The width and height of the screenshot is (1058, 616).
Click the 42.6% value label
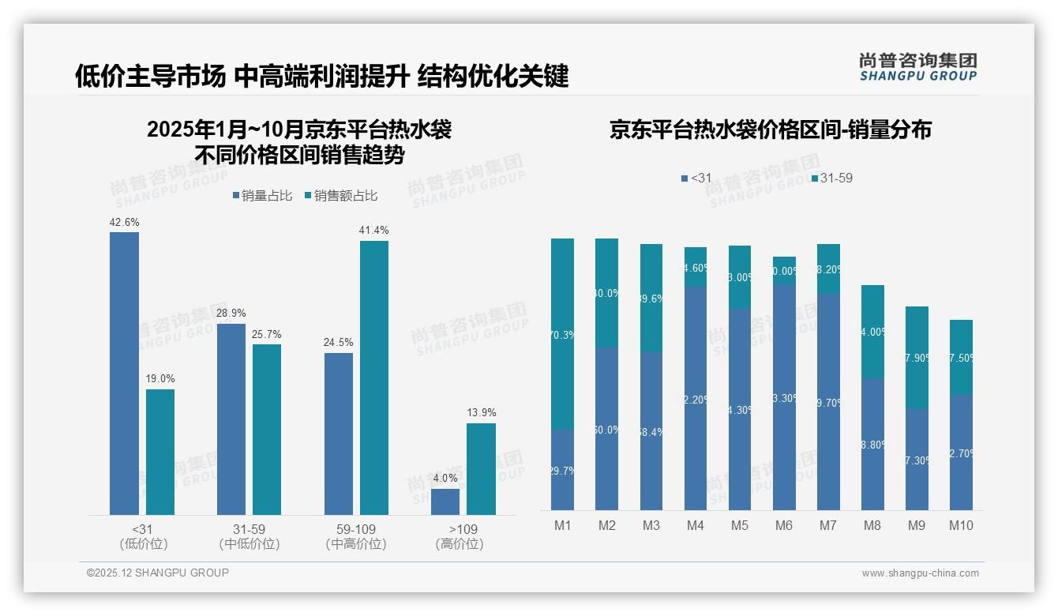[x=124, y=223]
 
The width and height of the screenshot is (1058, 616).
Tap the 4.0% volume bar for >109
[x=445, y=501]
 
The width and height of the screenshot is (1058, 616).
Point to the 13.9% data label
[x=481, y=412]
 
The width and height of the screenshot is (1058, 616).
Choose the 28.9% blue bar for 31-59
[x=231, y=419]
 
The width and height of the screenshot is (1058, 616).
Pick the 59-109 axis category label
[x=356, y=529]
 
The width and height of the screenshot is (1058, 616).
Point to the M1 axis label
[x=562, y=525]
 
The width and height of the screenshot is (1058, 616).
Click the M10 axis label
[x=961, y=525]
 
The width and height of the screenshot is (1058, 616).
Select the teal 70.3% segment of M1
[x=562, y=334]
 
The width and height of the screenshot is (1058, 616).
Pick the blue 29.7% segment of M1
[x=562, y=469]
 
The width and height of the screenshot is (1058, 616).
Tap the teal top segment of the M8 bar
[x=872, y=331]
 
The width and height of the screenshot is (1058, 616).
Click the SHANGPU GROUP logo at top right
[x=917, y=66]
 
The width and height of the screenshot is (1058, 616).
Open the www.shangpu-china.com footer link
[x=920, y=573]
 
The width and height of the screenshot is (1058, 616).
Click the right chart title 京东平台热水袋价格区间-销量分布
[x=770, y=130]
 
